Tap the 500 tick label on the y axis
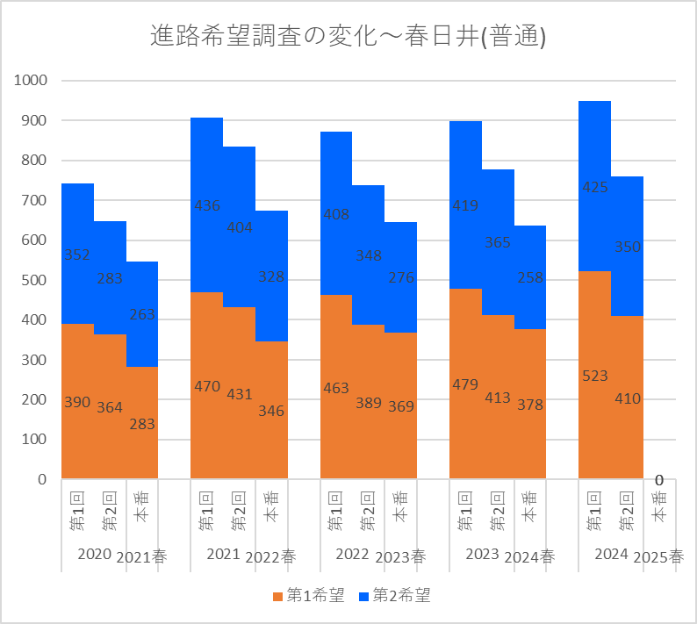[x=34, y=280]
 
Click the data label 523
[x=594, y=376]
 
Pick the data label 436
[x=207, y=205]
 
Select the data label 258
[x=530, y=277]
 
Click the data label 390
[x=77, y=402]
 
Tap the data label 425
[x=594, y=187]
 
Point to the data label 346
[x=271, y=410]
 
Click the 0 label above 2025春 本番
[x=658, y=480]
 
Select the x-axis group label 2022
[x=352, y=554]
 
